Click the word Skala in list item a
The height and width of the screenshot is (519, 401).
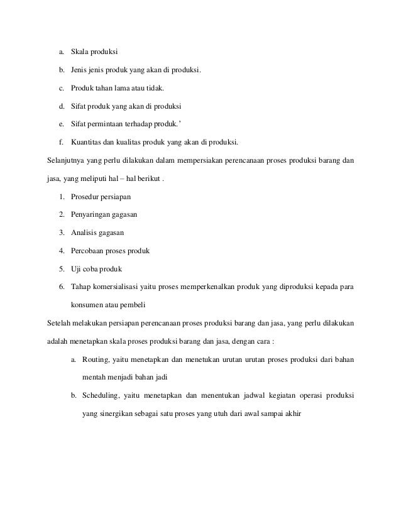coord(80,49)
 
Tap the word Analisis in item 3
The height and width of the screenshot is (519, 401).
coord(85,233)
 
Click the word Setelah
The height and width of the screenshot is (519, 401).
coord(60,325)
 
